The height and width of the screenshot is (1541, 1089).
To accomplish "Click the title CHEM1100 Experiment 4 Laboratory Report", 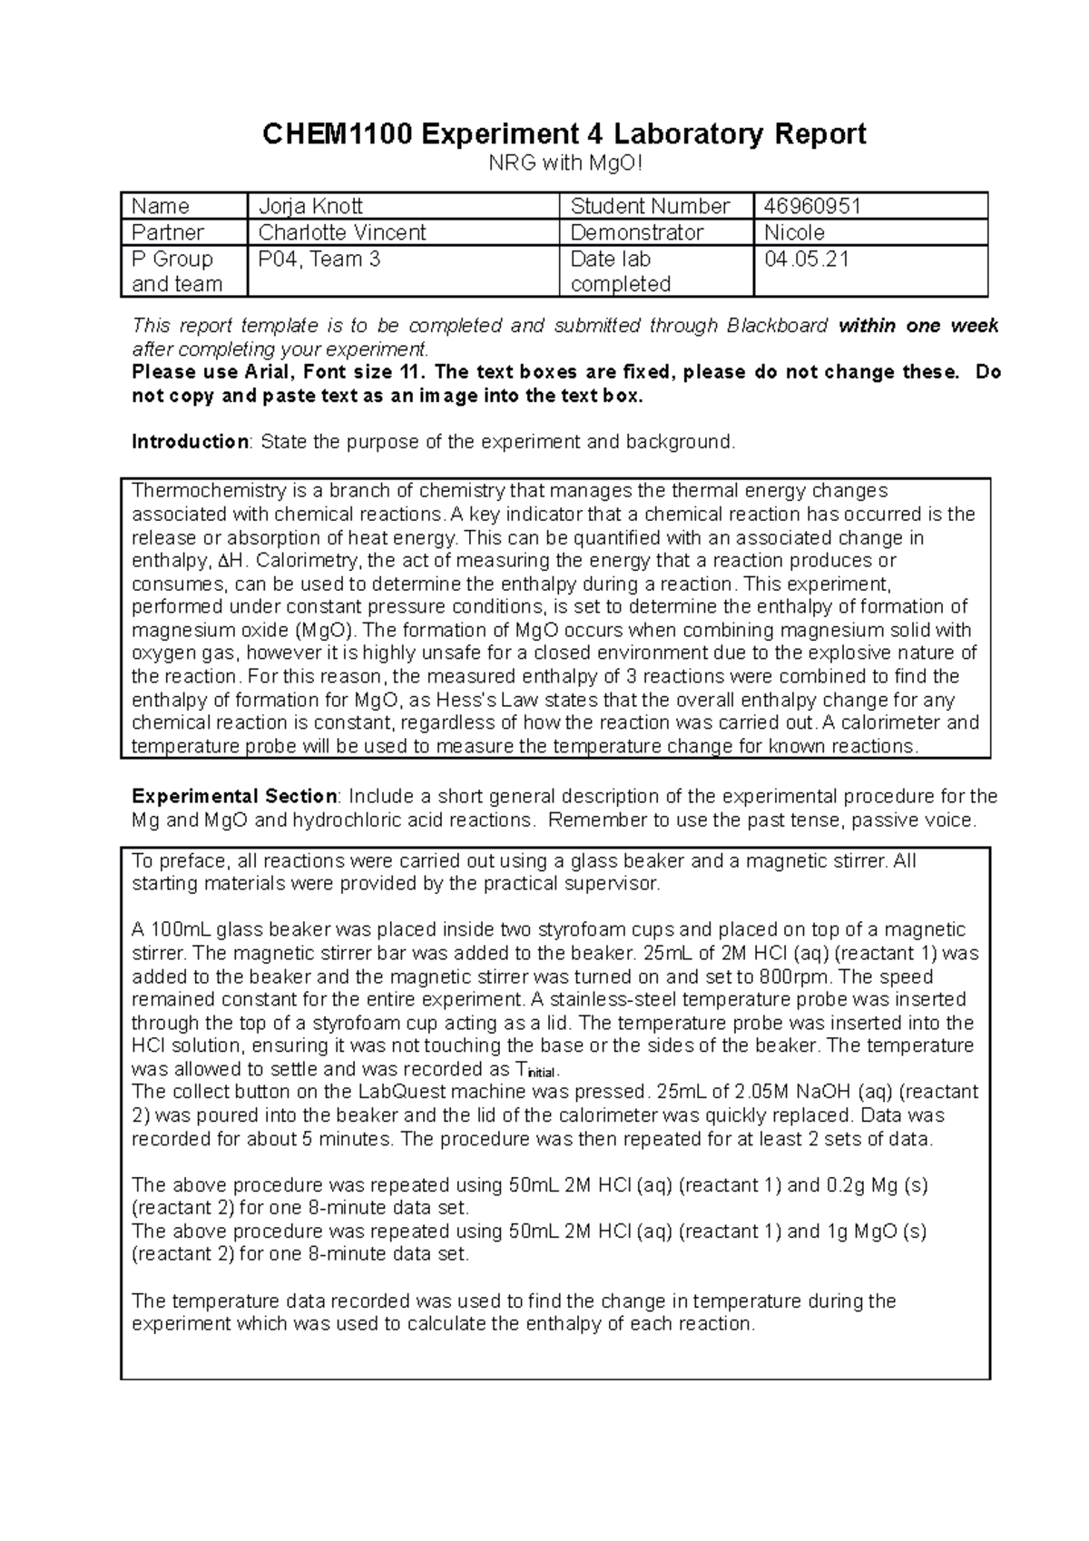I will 564,134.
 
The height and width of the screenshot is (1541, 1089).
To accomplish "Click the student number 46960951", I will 813,206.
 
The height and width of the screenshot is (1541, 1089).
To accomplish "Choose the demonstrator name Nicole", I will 795,232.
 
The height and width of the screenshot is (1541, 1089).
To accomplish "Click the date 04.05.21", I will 807,260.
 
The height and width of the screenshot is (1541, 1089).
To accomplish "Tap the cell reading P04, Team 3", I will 319,260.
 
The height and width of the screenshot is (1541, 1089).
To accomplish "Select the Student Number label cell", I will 650,206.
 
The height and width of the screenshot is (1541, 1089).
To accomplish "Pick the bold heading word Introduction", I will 190,442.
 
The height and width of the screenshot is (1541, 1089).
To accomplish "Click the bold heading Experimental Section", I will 234,796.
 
